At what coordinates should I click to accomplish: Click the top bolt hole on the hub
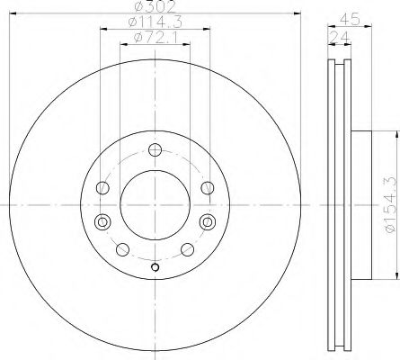[x=155, y=150]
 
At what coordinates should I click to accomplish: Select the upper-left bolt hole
[x=102, y=188]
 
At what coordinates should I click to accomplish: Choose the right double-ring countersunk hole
[x=209, y=220]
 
